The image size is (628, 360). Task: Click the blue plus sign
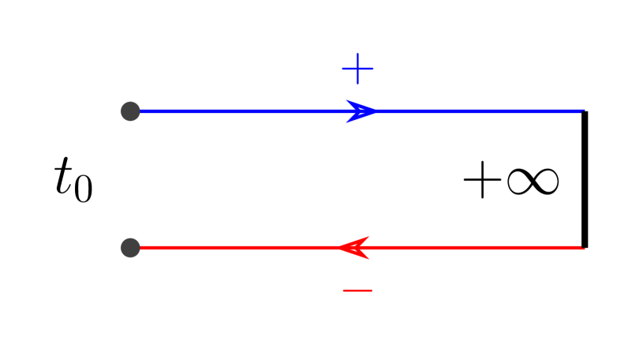357,69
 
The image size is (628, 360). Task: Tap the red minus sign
357,291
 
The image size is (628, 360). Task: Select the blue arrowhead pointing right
362,111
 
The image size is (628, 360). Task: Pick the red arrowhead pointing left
356,248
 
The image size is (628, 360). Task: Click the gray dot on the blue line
131,111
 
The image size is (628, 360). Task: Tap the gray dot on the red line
131,248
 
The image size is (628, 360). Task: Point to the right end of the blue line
583,111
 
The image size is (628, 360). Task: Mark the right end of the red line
583,248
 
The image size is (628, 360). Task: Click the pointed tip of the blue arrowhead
379,111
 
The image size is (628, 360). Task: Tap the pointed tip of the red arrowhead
338,248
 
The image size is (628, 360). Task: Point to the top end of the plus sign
357,54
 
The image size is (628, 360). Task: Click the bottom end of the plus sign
357,84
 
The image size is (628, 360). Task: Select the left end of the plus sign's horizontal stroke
342,69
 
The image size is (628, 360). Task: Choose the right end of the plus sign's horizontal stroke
373,69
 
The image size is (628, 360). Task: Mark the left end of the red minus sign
342,291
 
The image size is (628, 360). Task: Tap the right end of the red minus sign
372,291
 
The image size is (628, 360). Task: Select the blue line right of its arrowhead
481,111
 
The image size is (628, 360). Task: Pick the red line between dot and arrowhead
237,248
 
